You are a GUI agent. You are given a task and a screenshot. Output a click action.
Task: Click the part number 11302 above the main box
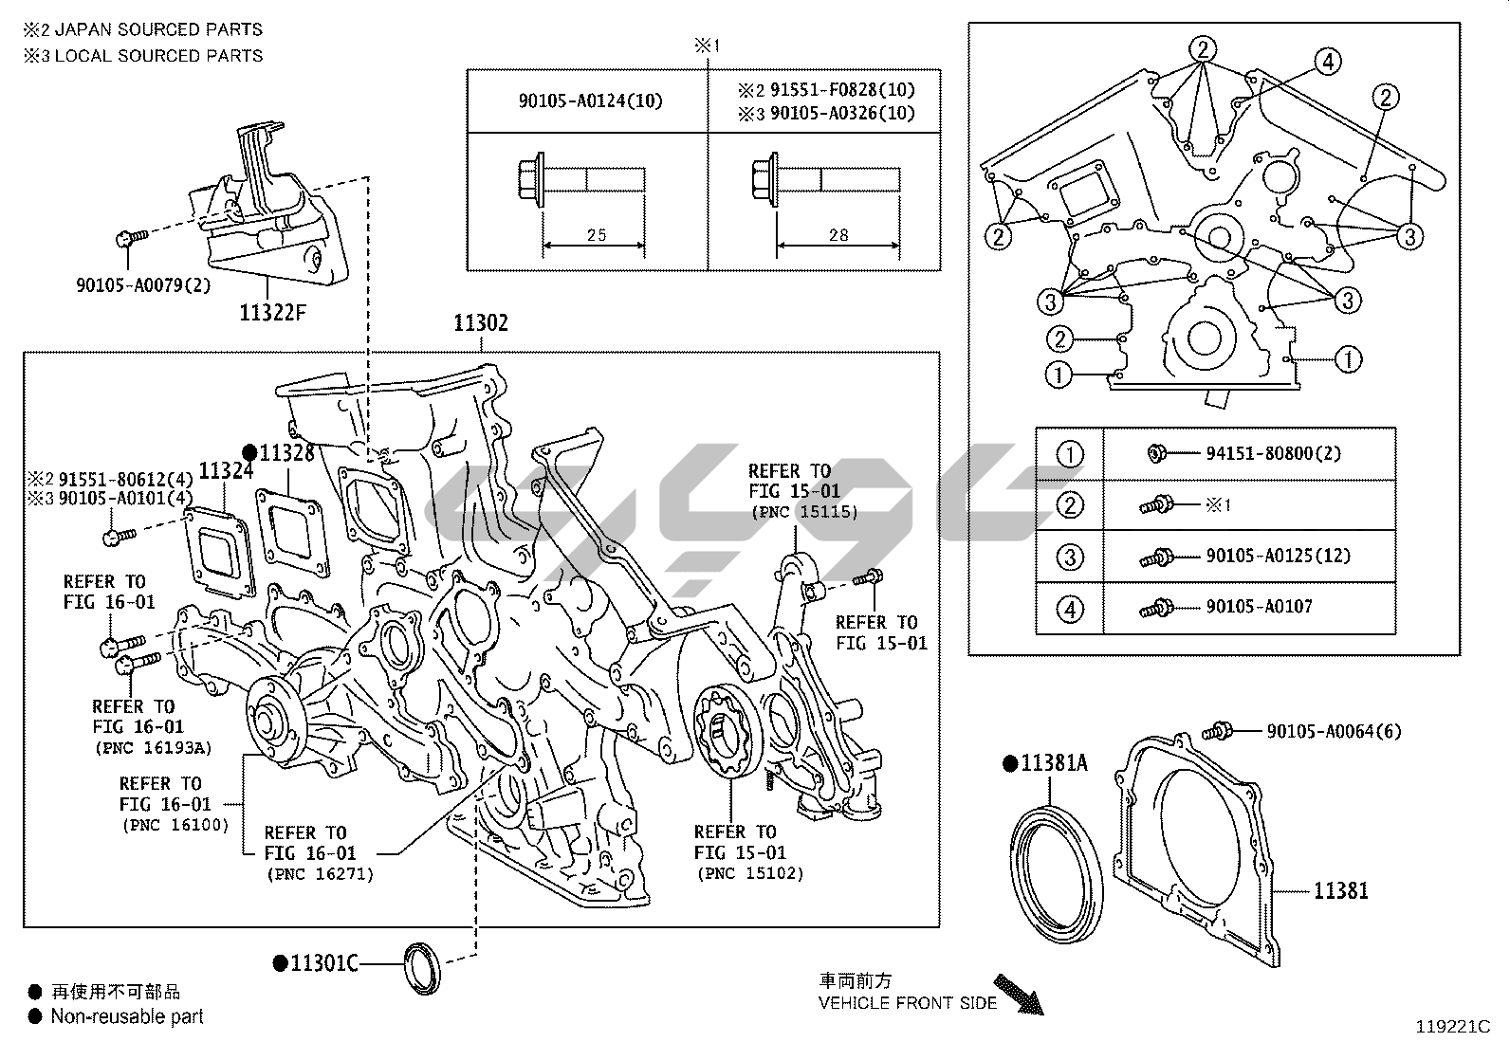pos(480,323)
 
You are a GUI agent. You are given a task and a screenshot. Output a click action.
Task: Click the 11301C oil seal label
pos(323,963)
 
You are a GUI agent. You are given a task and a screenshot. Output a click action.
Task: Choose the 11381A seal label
pos(1054,762)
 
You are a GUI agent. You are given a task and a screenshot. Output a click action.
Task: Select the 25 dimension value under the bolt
pos(596,234)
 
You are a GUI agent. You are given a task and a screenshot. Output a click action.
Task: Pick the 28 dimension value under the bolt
pos(838,234)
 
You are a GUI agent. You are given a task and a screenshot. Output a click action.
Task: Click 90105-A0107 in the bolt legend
pos(1259,607)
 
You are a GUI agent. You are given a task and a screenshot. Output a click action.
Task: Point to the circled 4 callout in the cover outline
pos(1328,62)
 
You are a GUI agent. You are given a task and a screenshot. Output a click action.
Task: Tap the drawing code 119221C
pos(1452,1026)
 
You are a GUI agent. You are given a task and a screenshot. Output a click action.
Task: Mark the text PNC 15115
pos(803,512)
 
